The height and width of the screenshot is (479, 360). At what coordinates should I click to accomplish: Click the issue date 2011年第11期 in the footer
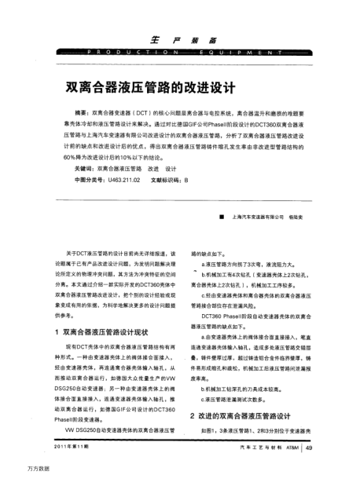[72, 448]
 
